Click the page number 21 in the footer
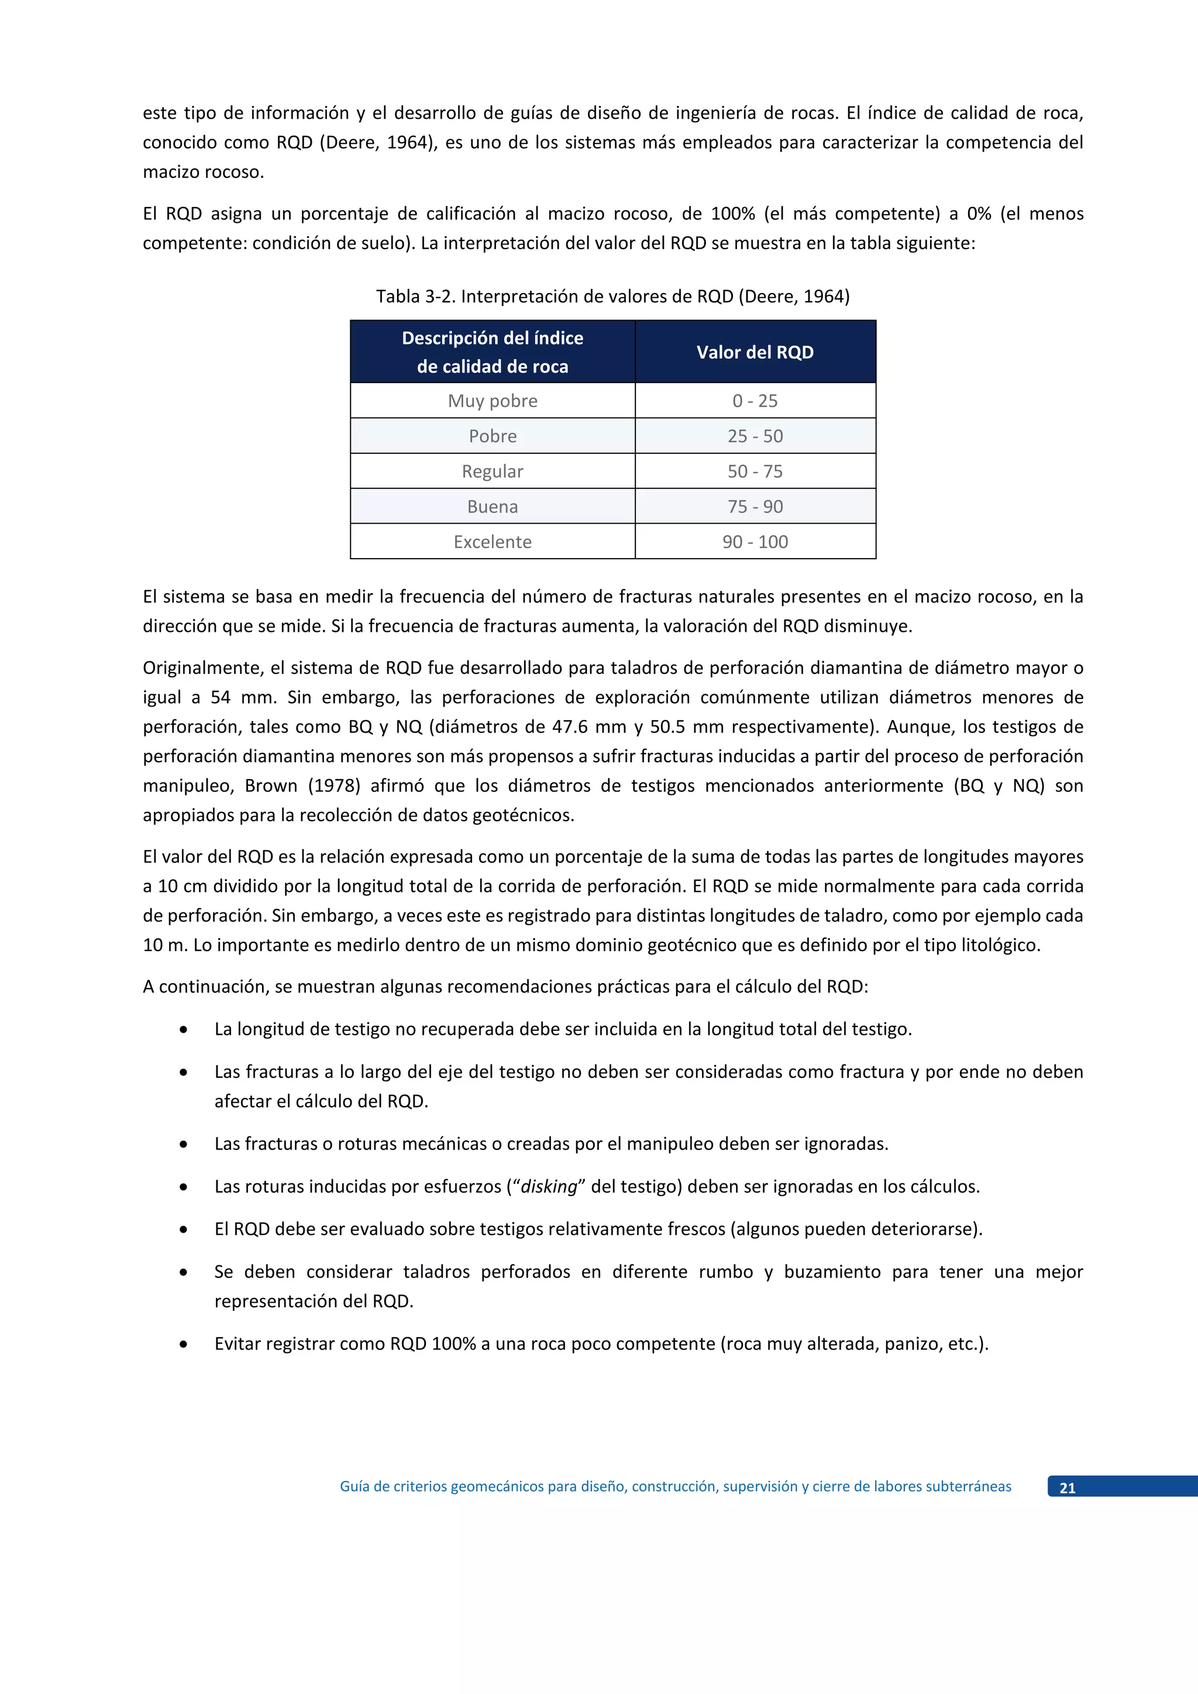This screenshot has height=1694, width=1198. [x=1067, y=1488]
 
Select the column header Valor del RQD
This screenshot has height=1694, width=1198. [x=755, y=352]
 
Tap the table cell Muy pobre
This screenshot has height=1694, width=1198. [x=492, y=401]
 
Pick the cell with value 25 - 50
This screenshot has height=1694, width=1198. [x=755, y=436]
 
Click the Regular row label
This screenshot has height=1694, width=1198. [x=492, y=471]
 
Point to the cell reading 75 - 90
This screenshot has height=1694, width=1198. [x=755, y=507]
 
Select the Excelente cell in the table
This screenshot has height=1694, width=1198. [x=492, y=542]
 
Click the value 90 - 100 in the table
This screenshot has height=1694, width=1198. [x=755, y=542]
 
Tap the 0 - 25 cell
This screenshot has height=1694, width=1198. [x=755, y=401]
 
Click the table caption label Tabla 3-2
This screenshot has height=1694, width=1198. [x=415, y=297]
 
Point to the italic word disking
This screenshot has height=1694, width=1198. [x=549, y=1186]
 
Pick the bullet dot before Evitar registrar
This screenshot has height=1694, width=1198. [x=183, y=1344]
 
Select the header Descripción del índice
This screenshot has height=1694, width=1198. [x=492, y=338]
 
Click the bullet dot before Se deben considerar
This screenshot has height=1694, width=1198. [x=183, y=1272]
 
